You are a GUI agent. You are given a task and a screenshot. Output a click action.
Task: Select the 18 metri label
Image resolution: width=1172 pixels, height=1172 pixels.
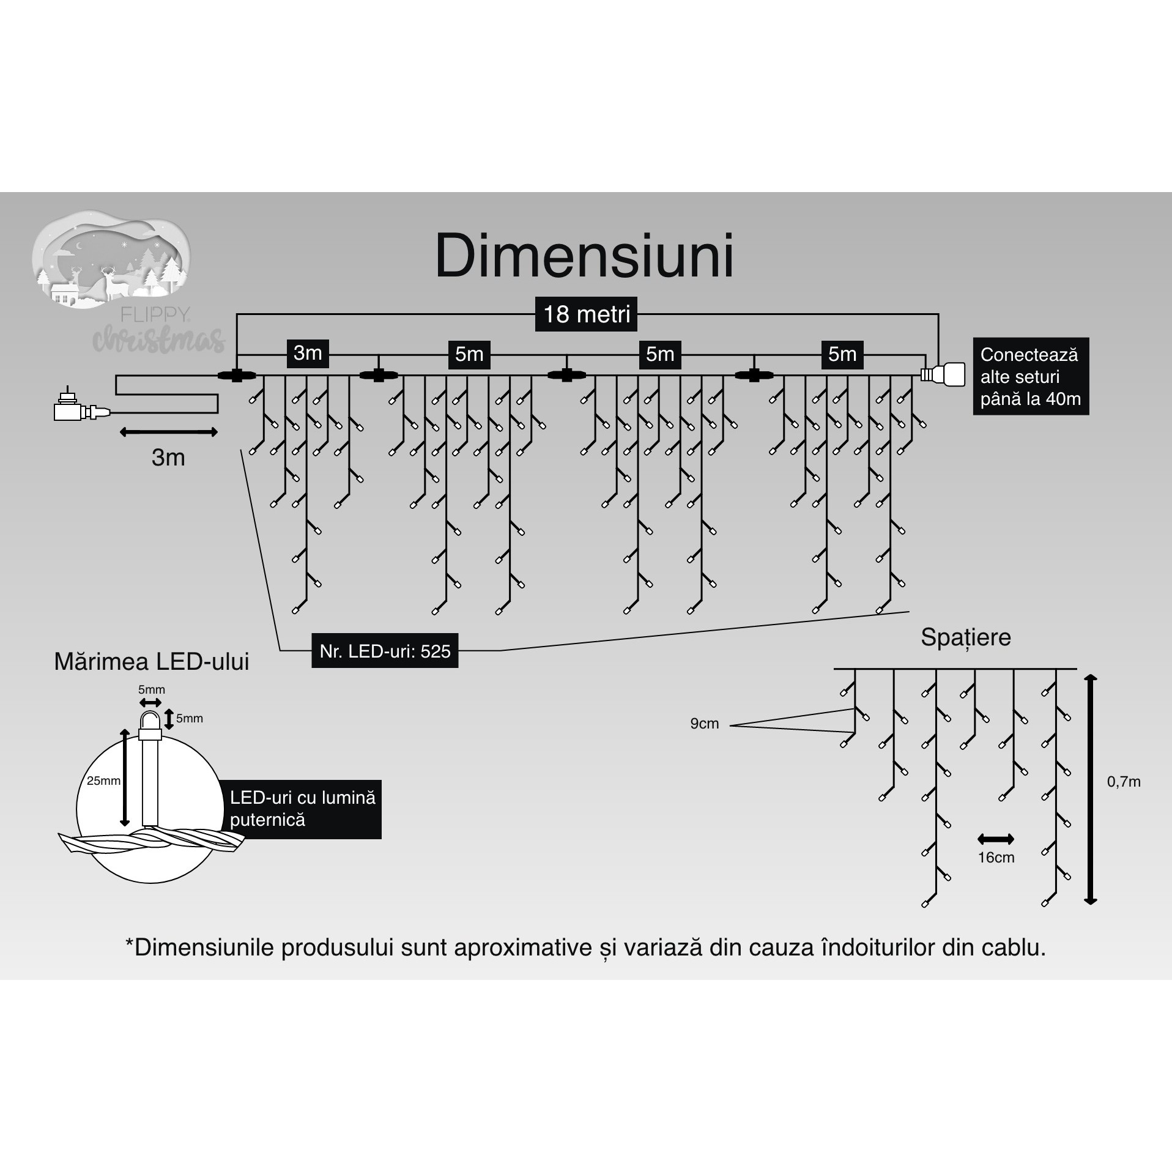point(586,314)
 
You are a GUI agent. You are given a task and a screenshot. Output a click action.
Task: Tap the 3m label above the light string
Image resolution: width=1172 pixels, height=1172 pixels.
point(308,354)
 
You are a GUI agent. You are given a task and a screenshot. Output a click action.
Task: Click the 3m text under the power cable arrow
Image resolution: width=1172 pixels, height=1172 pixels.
point(168,458)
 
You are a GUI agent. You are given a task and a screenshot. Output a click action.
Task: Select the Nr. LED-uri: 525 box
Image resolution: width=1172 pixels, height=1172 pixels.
point(385,651)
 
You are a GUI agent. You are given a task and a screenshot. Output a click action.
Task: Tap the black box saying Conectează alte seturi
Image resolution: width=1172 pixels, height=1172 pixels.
point(1031,377)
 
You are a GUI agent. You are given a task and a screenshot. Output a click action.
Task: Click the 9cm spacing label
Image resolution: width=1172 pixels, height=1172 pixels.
point(704,724)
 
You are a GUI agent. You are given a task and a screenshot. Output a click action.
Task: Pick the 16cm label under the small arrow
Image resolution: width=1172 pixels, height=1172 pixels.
point(996,858)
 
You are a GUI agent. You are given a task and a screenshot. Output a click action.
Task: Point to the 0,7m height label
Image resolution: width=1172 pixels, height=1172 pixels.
point(1124,782)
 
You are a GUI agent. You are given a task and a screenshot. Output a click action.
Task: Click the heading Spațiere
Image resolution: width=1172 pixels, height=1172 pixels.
point(966,637)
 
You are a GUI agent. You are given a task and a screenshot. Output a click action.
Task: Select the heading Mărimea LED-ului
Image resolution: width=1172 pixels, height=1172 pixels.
point(152,662)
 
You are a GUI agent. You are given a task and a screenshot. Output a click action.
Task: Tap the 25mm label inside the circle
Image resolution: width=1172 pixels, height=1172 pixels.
point(103,781)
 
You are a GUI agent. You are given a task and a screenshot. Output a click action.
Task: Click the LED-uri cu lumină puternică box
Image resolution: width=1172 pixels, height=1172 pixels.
point(303,809)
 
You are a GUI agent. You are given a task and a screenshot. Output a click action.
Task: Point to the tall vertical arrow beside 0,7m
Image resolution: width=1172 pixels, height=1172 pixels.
point(1091,789)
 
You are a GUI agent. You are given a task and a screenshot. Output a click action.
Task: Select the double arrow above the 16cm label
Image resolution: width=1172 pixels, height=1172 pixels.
point(996,839)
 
